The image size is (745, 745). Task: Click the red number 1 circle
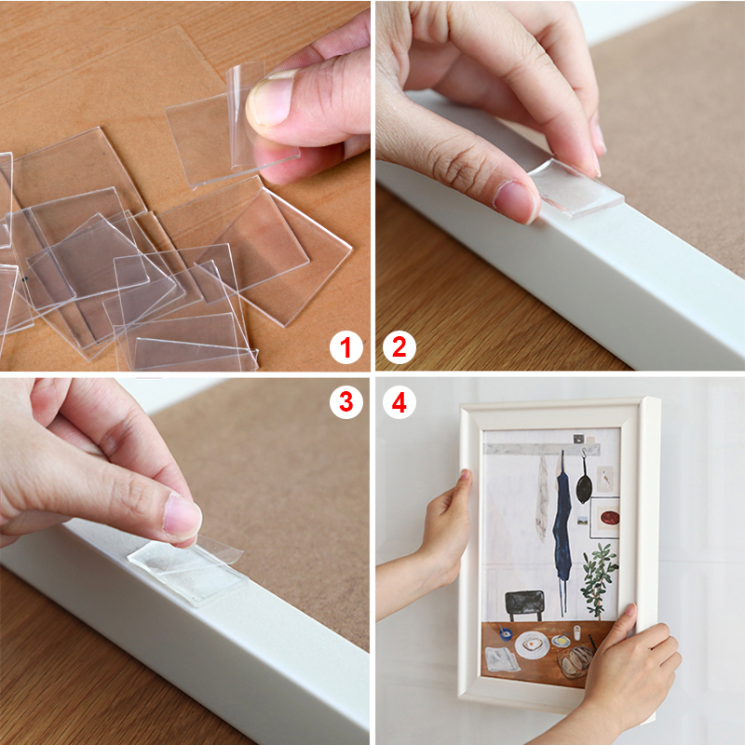346,347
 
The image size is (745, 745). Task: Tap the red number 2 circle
400,347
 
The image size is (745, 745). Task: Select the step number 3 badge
346,402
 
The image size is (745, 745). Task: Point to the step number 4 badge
400,402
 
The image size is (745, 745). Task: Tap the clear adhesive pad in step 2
576,187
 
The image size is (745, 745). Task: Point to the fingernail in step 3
183,517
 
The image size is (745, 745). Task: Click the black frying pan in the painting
585,481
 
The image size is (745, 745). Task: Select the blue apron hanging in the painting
562,527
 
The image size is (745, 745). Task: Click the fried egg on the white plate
531,644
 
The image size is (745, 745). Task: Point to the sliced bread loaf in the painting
576,660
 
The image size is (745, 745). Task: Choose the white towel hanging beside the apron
542,498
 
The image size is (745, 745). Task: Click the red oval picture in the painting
610,518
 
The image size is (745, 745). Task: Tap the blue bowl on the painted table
506,633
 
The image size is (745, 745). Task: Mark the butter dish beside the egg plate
562,641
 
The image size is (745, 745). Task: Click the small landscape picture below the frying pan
583,521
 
